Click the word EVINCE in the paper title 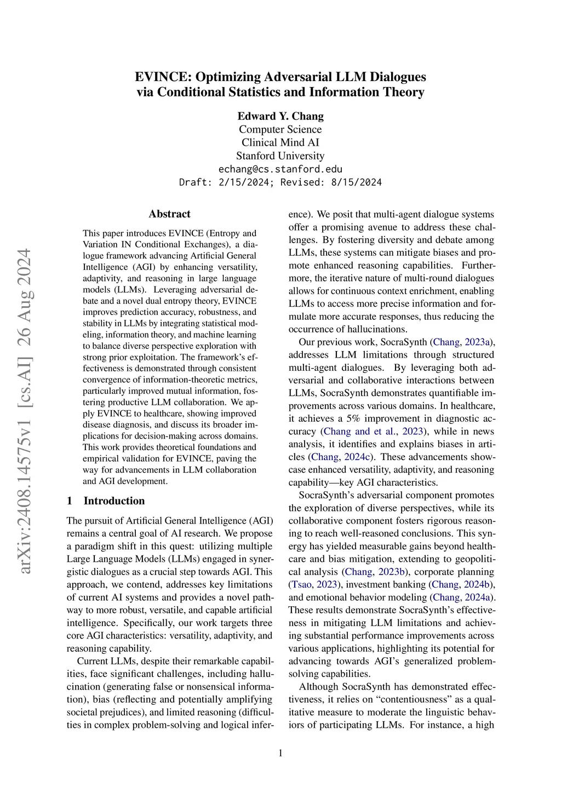tap(162, 77)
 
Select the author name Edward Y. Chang tap(280, 116)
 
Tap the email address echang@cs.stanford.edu tap(280, 169)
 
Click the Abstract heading tap(170, 214)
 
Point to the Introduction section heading tap(114, 501)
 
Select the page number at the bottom tap(280, 753)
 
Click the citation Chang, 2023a tap(462, 342)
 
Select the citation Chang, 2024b tap(462, 584)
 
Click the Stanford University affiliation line tap(280, 156)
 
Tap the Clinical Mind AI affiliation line tap(280, 142)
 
